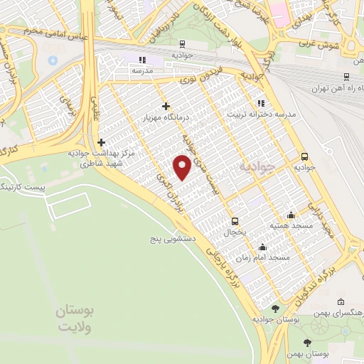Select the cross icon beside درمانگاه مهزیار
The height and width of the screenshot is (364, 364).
point(166,105)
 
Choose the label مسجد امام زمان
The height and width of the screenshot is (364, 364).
point(265,257)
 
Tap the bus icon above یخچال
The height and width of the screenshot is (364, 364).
point(235,221)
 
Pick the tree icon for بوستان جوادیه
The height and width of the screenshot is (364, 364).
point(276,309)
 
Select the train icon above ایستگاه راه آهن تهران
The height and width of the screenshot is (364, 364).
point(346,77)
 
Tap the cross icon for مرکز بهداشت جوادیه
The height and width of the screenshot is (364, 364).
point(101,142)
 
